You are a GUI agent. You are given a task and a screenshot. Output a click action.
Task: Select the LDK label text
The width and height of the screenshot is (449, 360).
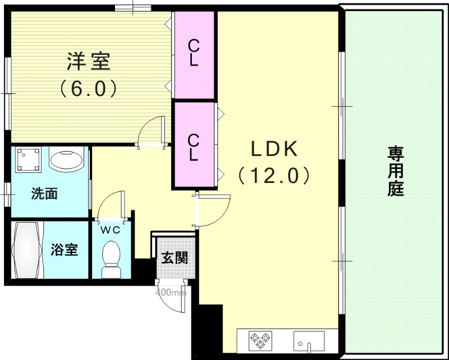point(273,149)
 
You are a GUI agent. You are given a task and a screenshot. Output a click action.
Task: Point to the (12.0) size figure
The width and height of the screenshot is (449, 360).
point(273,176)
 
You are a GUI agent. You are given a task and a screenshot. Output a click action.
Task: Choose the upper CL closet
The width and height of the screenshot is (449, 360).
point(194,53)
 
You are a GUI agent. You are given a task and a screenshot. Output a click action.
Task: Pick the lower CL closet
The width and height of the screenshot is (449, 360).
point(194,146)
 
